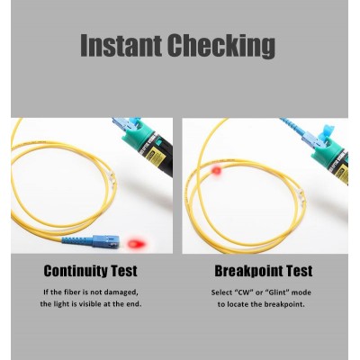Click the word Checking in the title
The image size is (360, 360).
221,47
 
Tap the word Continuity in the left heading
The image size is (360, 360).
76,271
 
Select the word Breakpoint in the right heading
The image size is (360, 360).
248,271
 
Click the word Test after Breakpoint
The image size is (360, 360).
299,271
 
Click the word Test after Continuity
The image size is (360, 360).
124,271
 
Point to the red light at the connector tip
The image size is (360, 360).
137,243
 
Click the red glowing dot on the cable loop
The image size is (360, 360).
216,171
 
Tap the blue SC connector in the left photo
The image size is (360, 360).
105,241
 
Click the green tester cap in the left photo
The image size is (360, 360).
139,135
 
